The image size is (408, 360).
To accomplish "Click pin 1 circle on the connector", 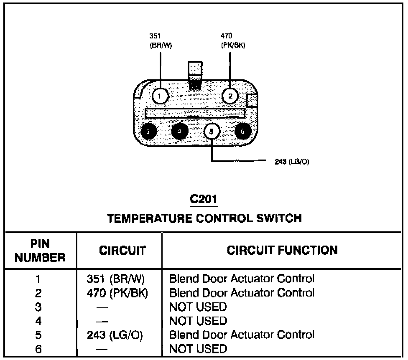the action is tap(160, 96).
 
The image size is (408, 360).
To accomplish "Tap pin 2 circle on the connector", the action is tap(230, 96).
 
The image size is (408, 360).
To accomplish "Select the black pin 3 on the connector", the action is tap(148, 131).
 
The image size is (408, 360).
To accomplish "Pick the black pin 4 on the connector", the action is tap(179, 131).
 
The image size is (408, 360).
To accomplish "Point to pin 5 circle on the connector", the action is tap(212, 131).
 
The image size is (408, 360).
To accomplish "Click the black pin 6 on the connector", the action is tap(243, 131).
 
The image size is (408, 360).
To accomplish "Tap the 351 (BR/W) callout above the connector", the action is tap(161, 41).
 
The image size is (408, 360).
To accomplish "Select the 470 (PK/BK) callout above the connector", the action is tap(233, 41).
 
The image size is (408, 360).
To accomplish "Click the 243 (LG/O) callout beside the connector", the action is tap(292, 161).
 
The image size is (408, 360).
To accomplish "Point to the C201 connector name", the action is tap(204, 199).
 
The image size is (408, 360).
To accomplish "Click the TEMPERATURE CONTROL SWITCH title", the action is tap(204, 218).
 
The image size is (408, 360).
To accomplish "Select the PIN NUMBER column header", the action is tap(40, 251).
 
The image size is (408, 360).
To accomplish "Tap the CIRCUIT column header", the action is tap(122, 250).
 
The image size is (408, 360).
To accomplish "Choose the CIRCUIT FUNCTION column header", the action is tap(282, 250).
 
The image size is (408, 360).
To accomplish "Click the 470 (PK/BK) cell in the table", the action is tap(117, 293).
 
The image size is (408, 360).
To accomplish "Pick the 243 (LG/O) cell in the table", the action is tap(115, 335).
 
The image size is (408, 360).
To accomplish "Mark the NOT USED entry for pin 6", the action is tap(198, 349).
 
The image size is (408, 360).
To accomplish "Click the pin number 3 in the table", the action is tap(38, 307).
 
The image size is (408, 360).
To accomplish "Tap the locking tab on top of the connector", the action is tap(195, 76).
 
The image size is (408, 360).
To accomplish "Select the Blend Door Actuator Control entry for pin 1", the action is tap(242, 279).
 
